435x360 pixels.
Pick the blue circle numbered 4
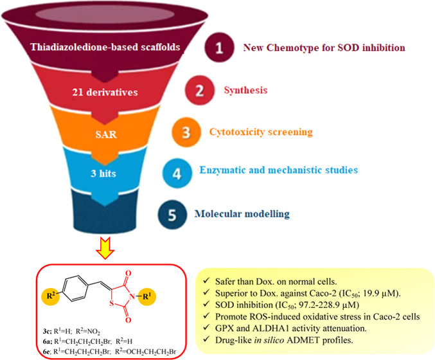216,170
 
